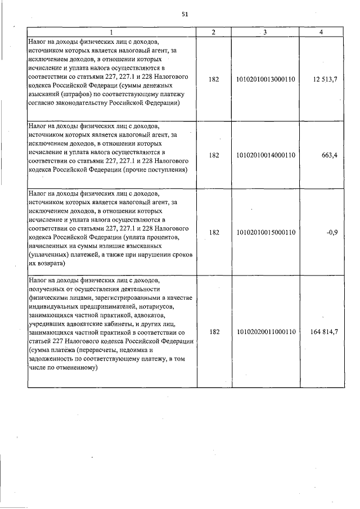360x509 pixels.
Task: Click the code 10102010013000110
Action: tap(266, 80)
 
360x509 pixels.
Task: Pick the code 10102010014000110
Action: tap(266, 156)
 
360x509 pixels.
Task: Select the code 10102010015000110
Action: tap(266, 232)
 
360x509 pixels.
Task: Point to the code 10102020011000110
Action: tap(266, 332)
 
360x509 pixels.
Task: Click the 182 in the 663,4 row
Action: tap(214, 156)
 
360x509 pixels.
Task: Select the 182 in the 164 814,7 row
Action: tap(214, 332)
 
